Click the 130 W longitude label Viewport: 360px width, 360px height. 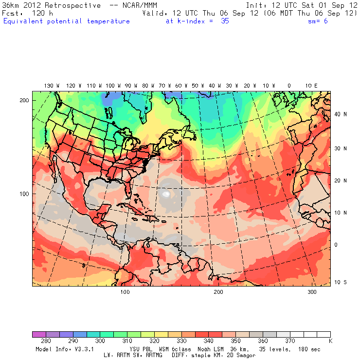pyautogui.click(x=49, y=86)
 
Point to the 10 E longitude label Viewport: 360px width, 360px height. pyautogui.click(x=311, y=86)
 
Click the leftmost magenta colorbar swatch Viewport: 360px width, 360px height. pyautogui.click(x=39, y=335)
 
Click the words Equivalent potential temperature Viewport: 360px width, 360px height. pyautogui.click(x=66, y=21)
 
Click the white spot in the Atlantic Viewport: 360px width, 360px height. pyautogui.click(x=167, y=194)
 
